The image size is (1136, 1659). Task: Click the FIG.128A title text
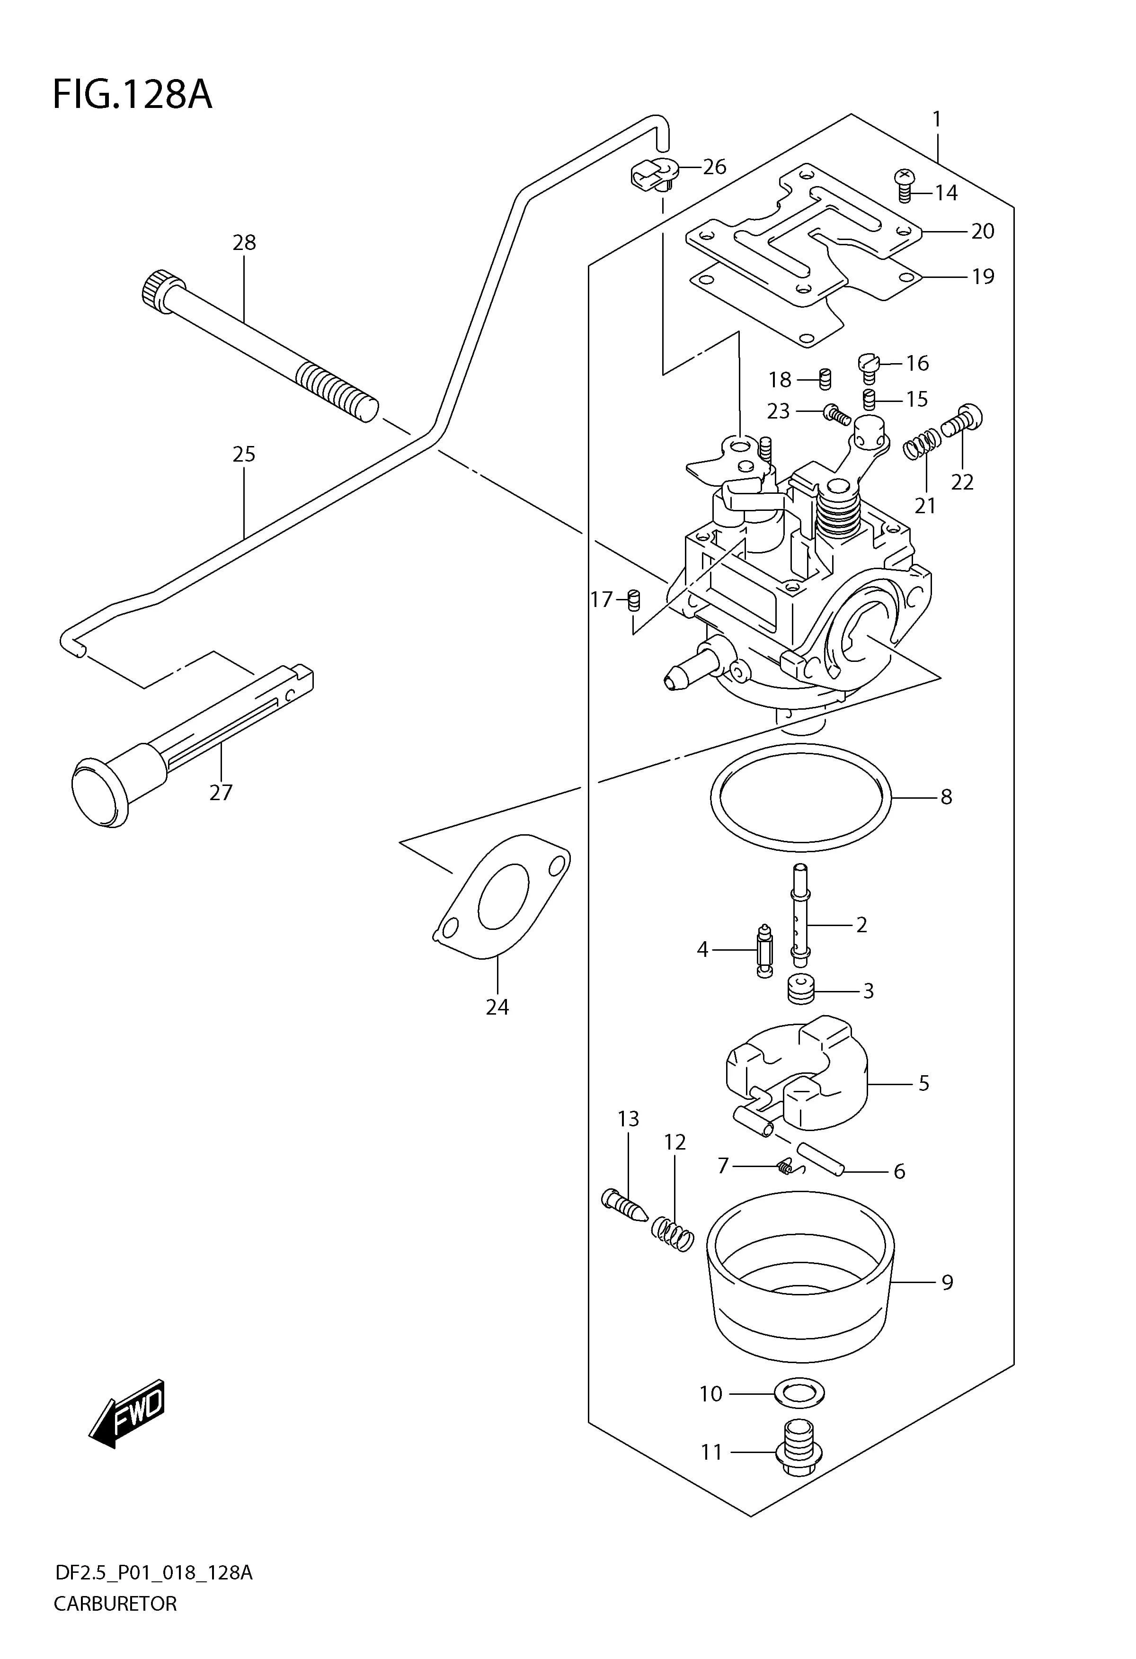pyautogui.click(x=133, y=95)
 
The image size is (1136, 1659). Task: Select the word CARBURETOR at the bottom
pyautogui.click(x=115, y=1603)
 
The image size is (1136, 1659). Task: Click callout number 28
pyautogui.click(x=244, y=243)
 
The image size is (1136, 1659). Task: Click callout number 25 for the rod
pyautogui.click(x=244, y=454)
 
